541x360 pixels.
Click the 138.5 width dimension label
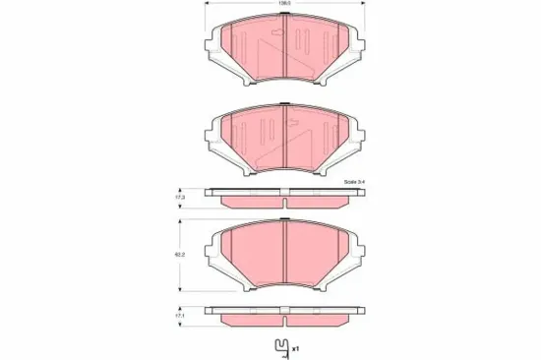[282, 6]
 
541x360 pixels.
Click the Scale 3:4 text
[351, 183]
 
